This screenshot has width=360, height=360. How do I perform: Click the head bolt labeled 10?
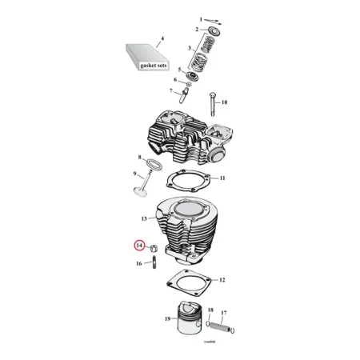(x=214, y=105)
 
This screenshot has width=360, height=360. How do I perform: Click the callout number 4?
(x=162, y=38)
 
